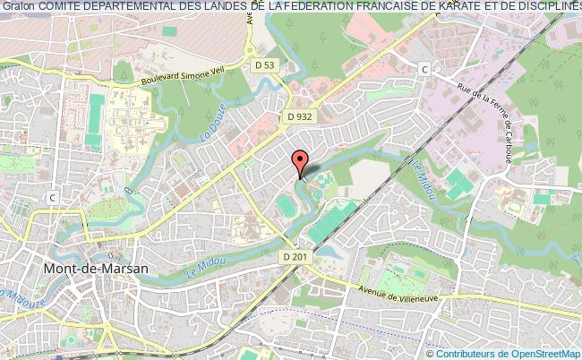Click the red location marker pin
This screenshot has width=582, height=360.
pyautogui.click(x=300, y=163)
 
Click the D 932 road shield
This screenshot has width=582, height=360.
pyautogui.click(x=300, y=117)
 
